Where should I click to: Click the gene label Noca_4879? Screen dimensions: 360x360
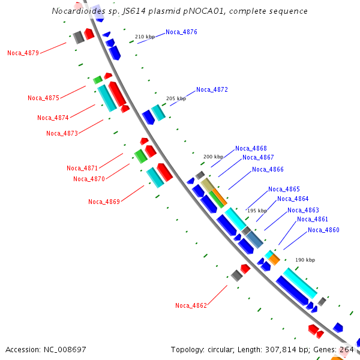pyautogui.click(x=23, y=53)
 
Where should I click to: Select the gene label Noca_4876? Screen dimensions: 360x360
pyautogui.click(x=181, y=32)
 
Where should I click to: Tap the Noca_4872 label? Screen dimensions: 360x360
pyautogui.click(x=212, y=89)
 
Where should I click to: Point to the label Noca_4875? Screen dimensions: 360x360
pyautogui.click(x=43, y=98)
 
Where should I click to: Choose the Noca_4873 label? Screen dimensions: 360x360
pyautogui.click(x=62, y=133)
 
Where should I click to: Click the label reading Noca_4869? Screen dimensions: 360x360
pyautogui.click(x=104, y=202)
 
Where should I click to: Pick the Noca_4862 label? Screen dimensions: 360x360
pyautogui.click(x=191, y=305)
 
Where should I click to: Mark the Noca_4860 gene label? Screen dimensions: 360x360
pyautogui.click(x=323, y=230)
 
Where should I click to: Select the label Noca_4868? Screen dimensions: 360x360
pyautogui.click(x=251, y=148)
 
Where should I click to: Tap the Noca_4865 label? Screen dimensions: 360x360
pyautogui.click(x=284, y=189)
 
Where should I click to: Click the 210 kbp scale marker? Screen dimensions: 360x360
pyautogui.click(x=145, y=37)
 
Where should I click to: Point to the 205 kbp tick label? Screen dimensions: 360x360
pyautogui.click(x=176, y=98)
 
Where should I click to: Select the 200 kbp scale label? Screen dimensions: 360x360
pyautogui.click(x=213, y=156)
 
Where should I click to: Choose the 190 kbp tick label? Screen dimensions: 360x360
pyautogui.click(x=305, y=260)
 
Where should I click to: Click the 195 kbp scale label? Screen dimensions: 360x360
pyautogui.click(x=257, y=211)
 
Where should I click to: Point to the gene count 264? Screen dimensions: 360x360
pyautogui.click(x=347, y=349)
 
